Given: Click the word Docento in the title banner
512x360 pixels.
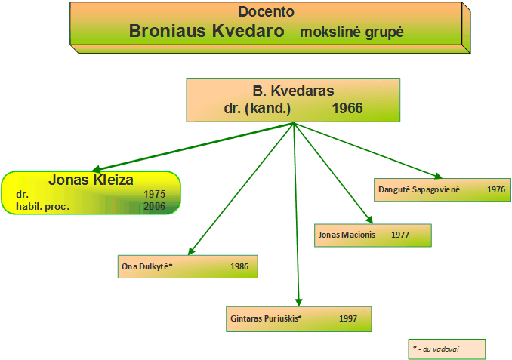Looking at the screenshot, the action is [x=266, y=12].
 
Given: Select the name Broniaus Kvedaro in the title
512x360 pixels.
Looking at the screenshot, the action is [x=207, y=31].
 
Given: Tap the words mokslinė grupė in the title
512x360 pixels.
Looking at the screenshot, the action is [x=352, y=32].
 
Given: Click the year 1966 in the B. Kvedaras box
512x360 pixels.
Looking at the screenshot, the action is [x=347, y=108].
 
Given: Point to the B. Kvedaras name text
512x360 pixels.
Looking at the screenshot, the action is [x=293, y=91].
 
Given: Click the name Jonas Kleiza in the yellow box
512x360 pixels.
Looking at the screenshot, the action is [x=91, y=180].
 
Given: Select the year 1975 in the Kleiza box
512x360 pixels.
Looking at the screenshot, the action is [x=155, y=194].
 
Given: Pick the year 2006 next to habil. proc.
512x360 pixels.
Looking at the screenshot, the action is [x=155, y=206].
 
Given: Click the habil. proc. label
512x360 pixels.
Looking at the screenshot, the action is [x=43, y=207].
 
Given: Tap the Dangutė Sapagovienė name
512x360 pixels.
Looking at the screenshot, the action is [x=419, y=189].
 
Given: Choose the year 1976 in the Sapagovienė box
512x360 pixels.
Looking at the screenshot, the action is [x=496, y=189].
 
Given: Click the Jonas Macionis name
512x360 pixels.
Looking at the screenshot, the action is [x=347, y=235].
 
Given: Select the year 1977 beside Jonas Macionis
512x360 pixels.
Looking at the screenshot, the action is [x=400, y=235].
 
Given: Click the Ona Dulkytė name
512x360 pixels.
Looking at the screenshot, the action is [x=147, y=266].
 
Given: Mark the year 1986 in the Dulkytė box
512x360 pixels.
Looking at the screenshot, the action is [x=239, y=266].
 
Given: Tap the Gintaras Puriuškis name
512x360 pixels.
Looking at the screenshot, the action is [x=266, y=318].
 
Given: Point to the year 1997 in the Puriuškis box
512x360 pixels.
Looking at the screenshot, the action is [x=348, y=318].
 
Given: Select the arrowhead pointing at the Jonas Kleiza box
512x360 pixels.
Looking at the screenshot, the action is [x=97, y=169].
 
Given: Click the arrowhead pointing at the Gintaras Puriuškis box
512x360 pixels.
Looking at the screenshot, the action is [x=298, y=302].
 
